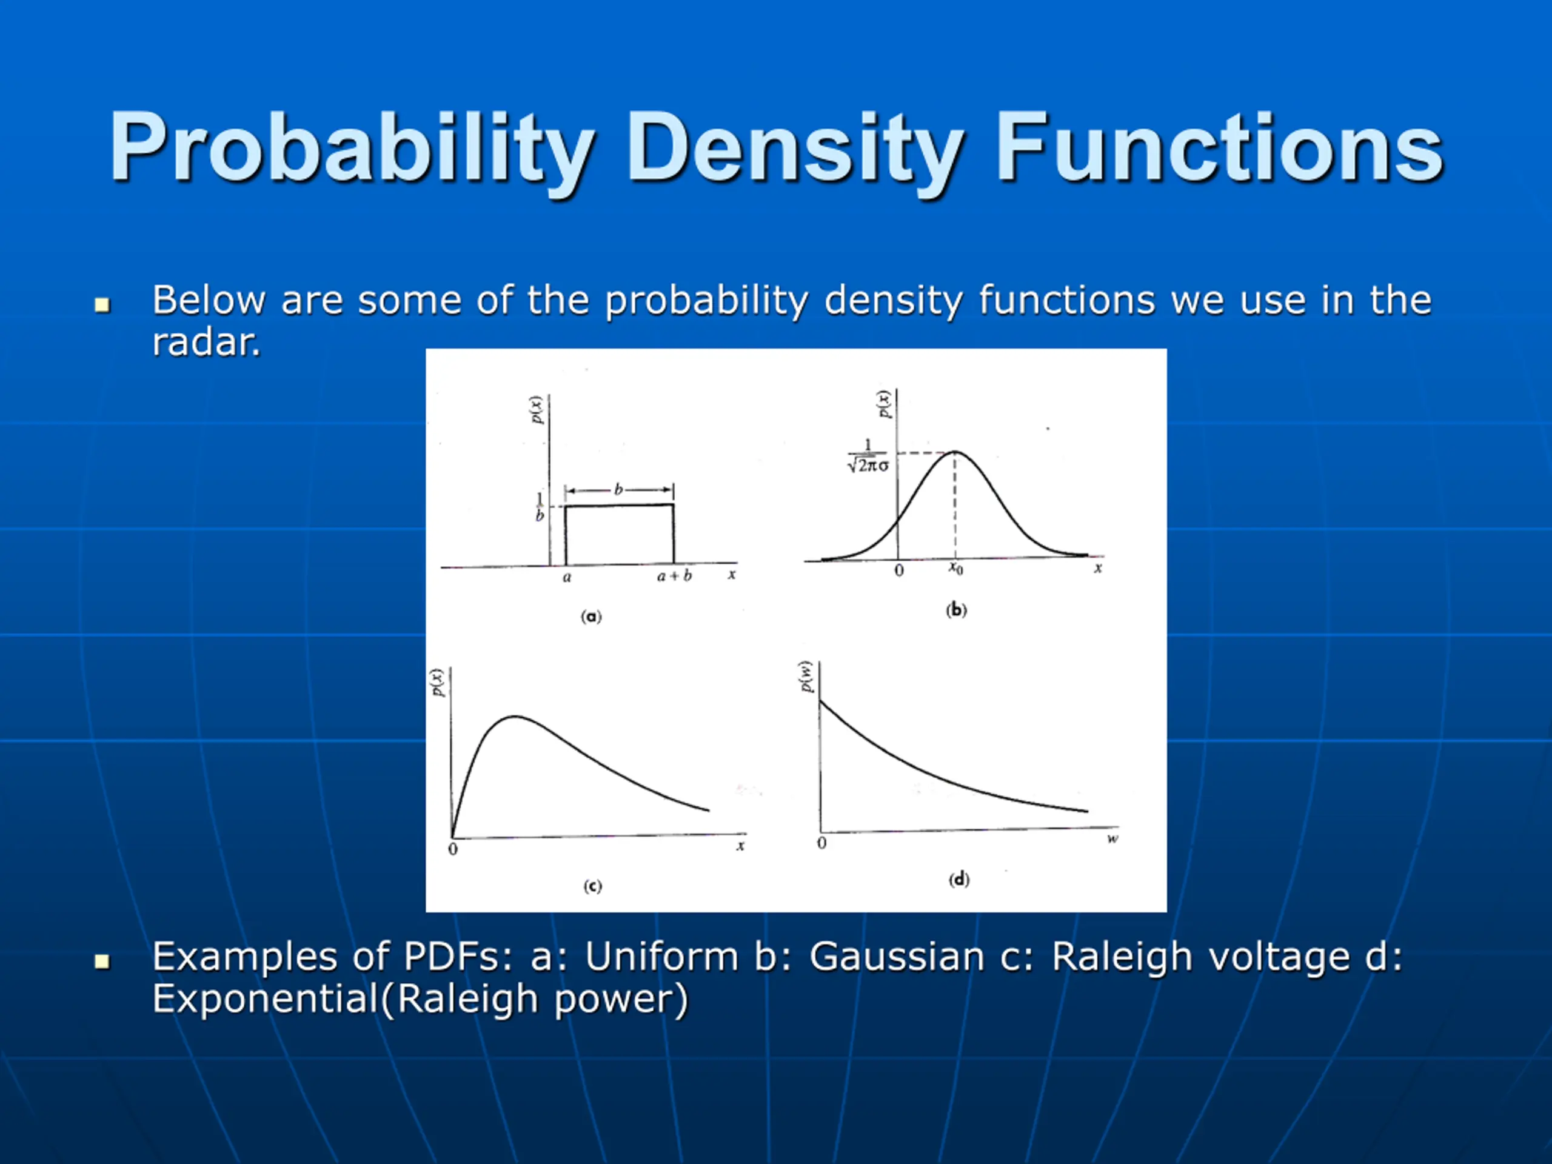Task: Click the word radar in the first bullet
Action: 206,343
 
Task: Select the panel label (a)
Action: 590,616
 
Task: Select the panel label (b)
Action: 955,610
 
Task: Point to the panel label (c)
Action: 592,886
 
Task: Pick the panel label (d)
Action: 958,879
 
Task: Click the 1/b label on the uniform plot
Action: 540,507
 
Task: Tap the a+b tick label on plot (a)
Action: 674,576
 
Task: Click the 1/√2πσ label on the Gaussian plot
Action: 868,456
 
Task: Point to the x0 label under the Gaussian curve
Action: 955,567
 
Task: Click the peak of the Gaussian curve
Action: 955,452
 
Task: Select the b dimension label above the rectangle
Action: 618,489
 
